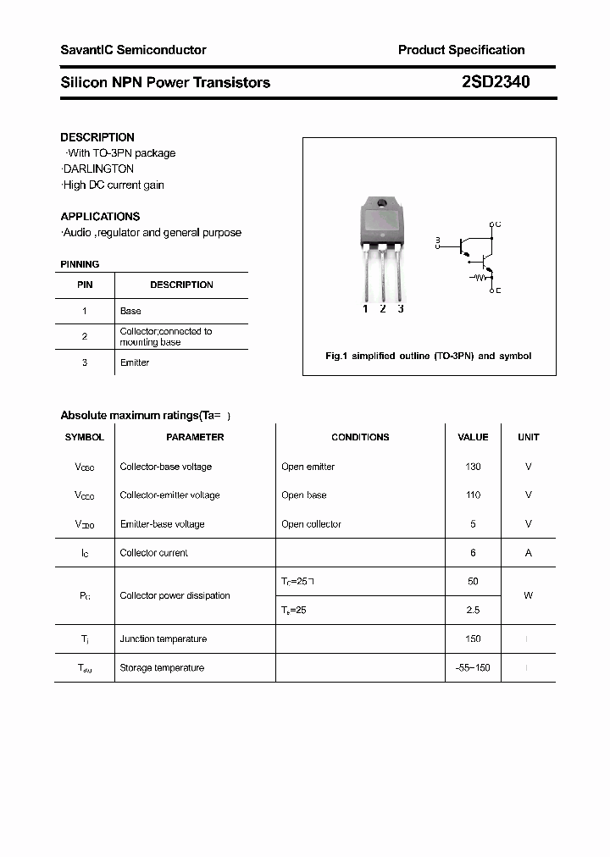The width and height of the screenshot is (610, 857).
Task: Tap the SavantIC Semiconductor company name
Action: (133, 50)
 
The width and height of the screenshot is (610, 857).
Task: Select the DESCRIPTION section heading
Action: (97, 137)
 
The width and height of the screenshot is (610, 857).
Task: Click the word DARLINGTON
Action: (97, 169)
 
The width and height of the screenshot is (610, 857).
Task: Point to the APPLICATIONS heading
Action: (100, 216)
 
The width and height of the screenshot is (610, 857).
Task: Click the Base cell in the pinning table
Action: (130, 311)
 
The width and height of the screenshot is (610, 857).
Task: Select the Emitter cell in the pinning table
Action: (135, 362)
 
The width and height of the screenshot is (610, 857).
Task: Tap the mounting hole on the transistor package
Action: (381, 204)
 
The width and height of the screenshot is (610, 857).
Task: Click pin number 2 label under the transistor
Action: (383, 309)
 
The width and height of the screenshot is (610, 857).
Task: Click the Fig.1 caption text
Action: (428, 356)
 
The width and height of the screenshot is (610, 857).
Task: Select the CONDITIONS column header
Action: (360, 437)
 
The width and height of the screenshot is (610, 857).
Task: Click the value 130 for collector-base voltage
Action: (473, 467)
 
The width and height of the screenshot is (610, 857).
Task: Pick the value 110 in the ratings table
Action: (473, 495)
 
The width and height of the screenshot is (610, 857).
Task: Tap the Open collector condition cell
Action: (311, 524)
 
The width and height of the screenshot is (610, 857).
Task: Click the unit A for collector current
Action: (528, 553)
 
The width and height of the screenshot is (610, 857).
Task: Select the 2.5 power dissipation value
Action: (473, 610)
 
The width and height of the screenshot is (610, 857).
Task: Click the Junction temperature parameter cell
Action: (163, 639)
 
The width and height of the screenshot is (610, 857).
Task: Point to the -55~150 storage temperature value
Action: (473, 668)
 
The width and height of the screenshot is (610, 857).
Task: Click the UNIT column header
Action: (528, 437)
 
